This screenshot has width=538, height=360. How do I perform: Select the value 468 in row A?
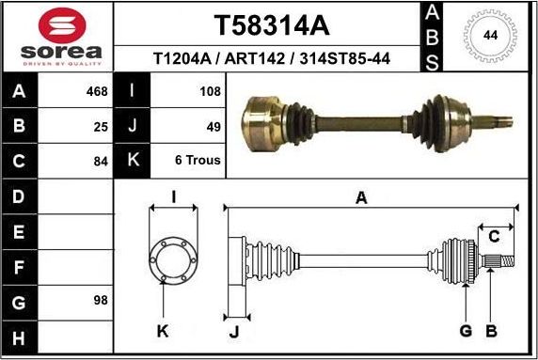pyautogui.click(x=96, y=92)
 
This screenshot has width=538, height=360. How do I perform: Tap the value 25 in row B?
pyautogui.click(x=101, y=125)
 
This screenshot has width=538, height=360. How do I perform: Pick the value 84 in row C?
pyautogui.click(x=101, y=160)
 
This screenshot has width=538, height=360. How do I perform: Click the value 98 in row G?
pyautogui.click(x=101, y=301)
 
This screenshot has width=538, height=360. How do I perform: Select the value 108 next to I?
pyautogui.click(x=210, y=92)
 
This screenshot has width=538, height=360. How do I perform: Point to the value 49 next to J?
pyautogui.click(x=213, y=125)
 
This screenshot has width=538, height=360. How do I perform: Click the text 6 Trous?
pyautogui.click(x=198, y=160)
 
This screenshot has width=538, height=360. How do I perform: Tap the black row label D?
pyautogui.click(x=21, y=196)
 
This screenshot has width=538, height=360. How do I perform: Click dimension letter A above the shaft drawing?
pyautogui.click(x=361, y=196)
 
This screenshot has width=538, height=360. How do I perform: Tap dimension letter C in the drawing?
pyautogui.click(x=493, y=236)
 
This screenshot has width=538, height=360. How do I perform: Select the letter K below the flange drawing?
pyautogui.click(x=163, y=330)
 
